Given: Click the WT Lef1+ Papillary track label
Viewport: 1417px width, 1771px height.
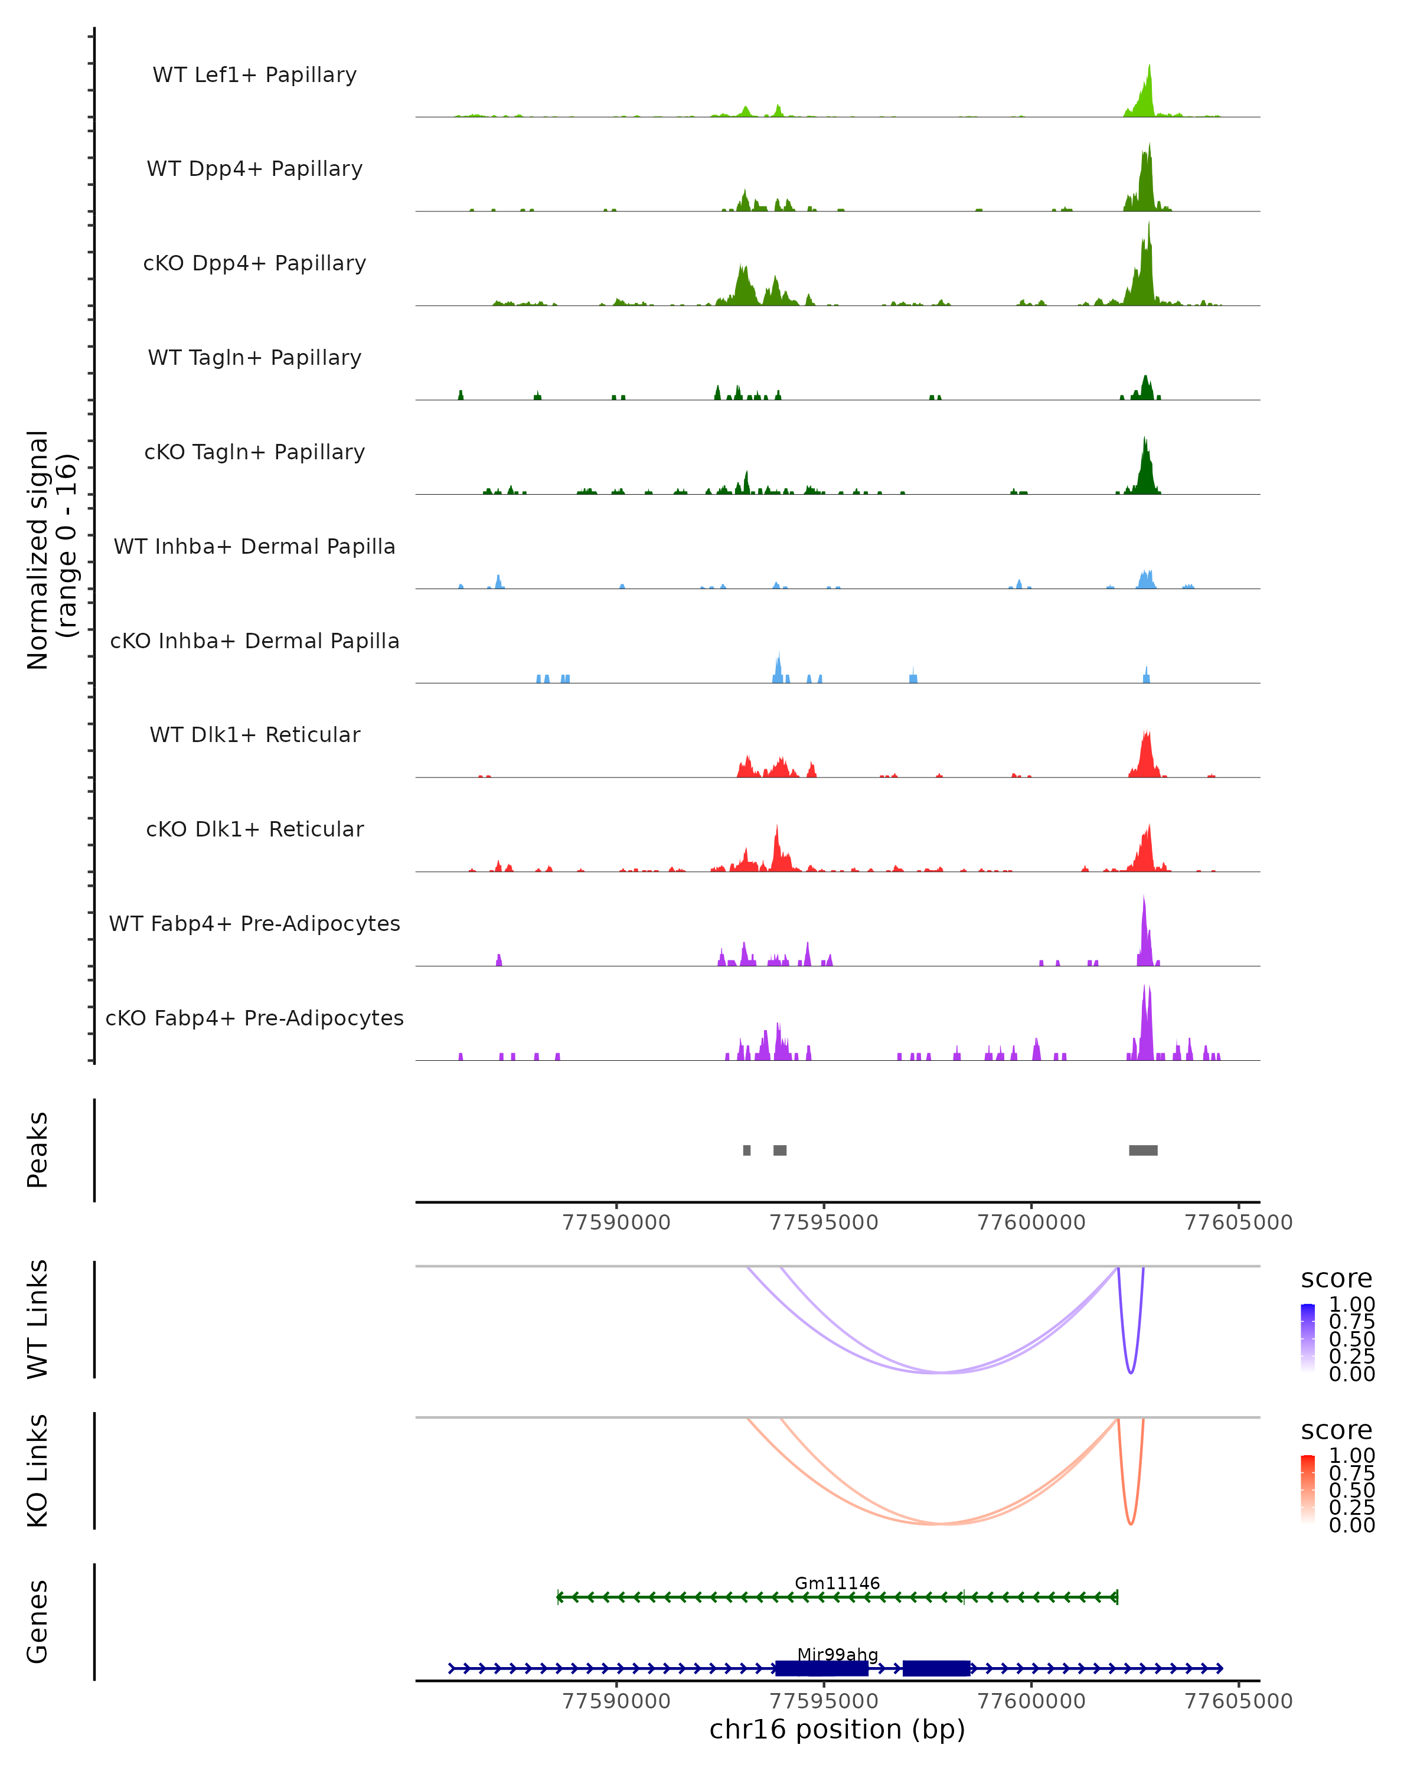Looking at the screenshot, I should point(254,75).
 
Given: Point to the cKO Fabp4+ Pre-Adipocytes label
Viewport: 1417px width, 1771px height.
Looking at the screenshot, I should point(254,1018).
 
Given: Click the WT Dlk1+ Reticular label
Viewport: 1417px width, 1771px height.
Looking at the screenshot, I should point(254,734).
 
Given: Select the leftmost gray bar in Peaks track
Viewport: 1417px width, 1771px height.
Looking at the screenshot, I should point(747,1150).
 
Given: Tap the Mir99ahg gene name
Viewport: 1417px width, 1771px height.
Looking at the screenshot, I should point(837,1654).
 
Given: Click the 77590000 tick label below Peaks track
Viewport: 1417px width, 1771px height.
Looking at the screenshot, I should point(616,1223).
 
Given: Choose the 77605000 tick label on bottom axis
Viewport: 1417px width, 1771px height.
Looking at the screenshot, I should point(1238,1701).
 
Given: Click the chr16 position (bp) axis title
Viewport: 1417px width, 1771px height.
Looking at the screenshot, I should point(837,1730).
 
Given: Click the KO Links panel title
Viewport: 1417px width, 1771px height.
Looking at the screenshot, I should point(38,1471).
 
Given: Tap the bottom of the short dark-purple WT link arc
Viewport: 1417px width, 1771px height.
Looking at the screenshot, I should point(1131,1373).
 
